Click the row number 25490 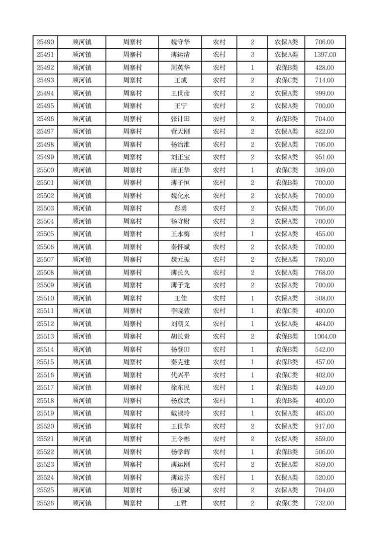[45, 42]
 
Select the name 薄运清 [180, 55]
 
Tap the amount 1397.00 [325, 55]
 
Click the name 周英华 [180, 68]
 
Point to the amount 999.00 [325, 93]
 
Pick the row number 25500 [45, 170]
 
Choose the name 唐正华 [180, 170]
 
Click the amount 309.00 [325, 170]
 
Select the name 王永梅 [180, 234]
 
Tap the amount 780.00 [325, 260]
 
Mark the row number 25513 [45, 337]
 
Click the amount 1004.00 [325, 337]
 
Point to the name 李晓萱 [180, 311]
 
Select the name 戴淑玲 [180, 414]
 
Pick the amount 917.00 [325, 426]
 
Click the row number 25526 [45, 503]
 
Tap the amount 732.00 [325, 503]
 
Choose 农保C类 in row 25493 [286, 80]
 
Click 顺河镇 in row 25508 [82, 273]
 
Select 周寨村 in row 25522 [132, 452]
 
